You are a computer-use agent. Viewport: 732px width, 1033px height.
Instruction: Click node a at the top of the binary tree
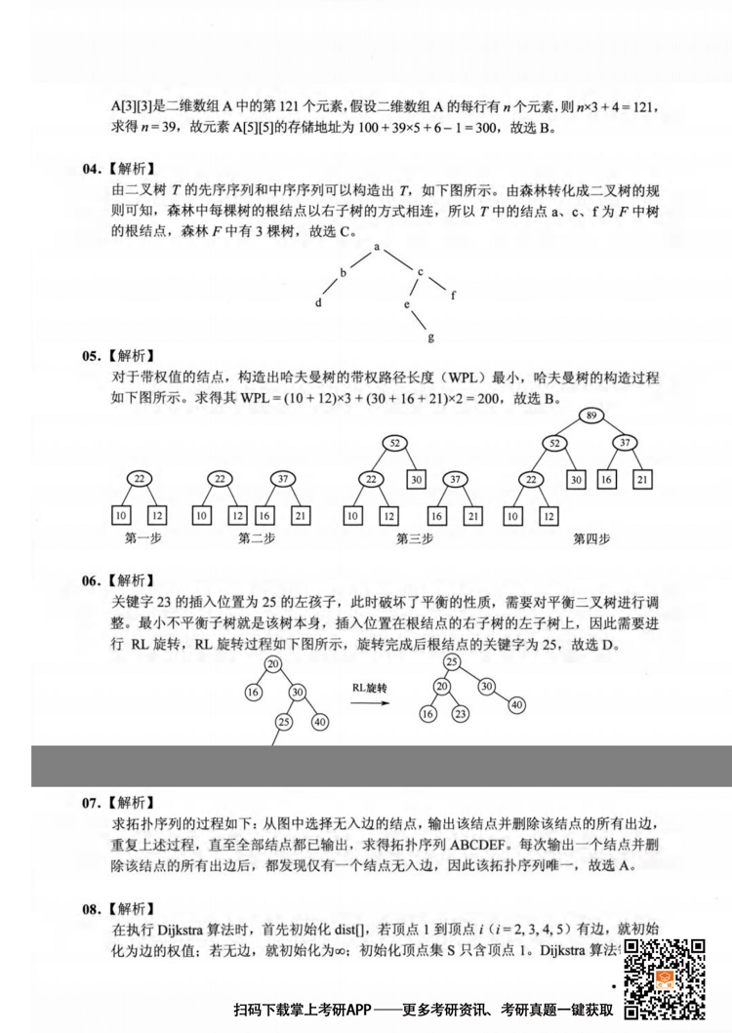(x=377, y=248)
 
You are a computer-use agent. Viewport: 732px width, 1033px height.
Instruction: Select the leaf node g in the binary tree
(x=429, y=338)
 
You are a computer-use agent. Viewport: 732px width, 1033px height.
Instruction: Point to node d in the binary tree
(x=318, y=303)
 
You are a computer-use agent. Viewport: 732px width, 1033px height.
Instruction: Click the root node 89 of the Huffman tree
(x=590, y=417)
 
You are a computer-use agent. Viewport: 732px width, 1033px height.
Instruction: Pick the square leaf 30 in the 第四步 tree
(x=577, y=479)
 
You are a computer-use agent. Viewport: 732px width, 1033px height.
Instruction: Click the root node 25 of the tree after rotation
(x=452, y=662)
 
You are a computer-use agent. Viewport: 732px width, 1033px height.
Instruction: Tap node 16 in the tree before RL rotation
(x=254, y=692)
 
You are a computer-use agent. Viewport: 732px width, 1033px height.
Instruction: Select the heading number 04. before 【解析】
(x=91, y=170)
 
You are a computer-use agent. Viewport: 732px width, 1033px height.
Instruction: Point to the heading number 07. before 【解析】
(x=91, y=803)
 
